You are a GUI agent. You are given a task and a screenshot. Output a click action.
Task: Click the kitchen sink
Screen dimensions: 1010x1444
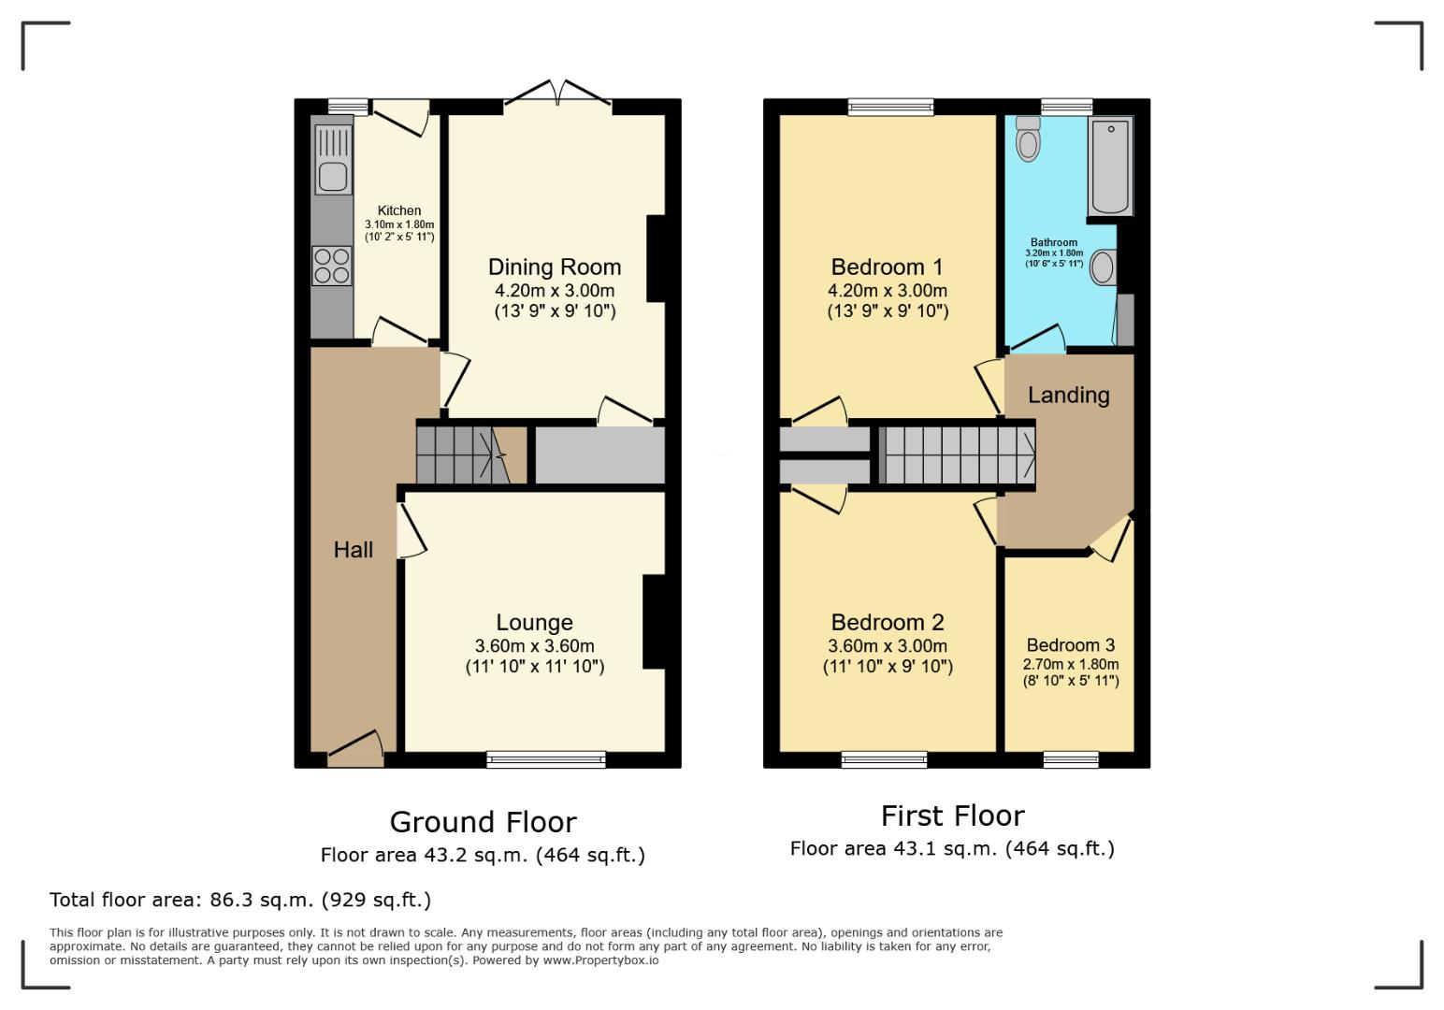332,175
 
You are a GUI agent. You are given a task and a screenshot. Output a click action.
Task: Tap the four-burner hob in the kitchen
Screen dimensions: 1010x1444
331,265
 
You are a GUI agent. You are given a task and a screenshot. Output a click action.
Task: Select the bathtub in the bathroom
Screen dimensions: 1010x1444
1110,166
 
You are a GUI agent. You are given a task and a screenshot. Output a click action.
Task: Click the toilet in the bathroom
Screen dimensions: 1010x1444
1028,139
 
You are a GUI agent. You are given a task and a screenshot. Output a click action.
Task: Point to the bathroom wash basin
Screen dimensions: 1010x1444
1104,267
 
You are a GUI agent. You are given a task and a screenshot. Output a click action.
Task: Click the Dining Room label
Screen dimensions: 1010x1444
555,267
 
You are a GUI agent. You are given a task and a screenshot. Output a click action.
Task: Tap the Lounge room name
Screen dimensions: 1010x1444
534,623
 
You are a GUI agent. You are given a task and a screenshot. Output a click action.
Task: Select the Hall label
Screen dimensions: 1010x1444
354,550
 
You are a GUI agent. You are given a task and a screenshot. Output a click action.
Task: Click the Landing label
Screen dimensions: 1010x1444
1068,396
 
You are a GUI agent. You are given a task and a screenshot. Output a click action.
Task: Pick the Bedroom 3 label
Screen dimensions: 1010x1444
1070,645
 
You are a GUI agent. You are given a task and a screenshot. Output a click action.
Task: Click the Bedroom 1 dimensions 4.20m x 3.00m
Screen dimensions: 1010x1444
887,291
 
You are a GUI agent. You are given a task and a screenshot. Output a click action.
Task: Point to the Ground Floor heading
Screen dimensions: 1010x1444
483,822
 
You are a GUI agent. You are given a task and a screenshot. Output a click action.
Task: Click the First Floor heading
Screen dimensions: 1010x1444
952,816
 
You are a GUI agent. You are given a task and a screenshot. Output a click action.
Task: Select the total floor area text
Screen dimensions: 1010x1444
240,900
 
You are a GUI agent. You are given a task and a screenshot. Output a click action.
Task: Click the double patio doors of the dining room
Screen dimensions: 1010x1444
558,94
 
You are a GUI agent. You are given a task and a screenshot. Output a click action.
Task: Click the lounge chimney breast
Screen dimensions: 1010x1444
654,622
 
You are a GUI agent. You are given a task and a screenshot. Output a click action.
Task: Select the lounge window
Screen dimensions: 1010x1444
546,759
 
